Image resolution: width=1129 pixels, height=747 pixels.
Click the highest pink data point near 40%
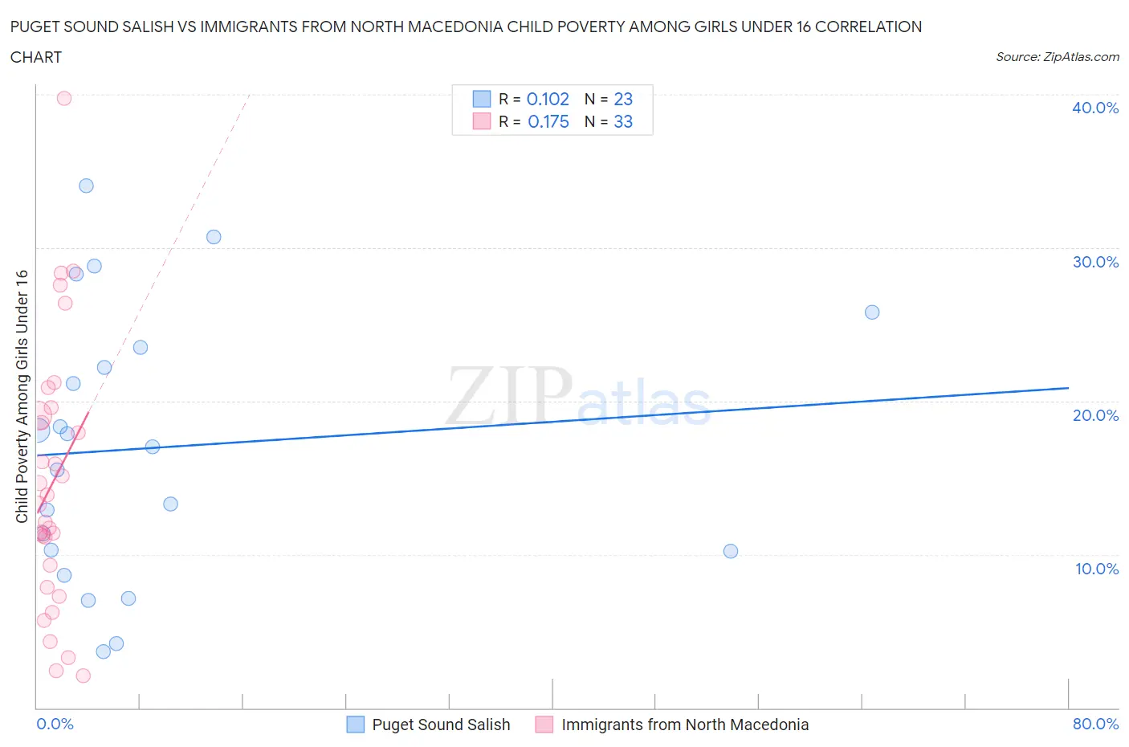click(64, 98)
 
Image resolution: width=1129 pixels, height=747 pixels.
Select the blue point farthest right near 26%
click(872, 312)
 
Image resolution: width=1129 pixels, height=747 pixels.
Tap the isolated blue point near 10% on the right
click(731, 551)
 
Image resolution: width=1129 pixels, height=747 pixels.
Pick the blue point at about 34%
click(86, 186)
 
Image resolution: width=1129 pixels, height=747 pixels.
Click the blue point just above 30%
click(214, 236)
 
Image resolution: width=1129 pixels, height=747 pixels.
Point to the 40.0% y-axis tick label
click(1095, 108)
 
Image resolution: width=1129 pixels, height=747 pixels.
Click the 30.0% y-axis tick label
click(1095, 262)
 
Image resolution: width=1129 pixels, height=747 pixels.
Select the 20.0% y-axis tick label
click(1095, 415)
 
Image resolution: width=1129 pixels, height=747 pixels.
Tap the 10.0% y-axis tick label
click(1096, 569)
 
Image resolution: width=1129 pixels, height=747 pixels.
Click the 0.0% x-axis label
click(55, 724)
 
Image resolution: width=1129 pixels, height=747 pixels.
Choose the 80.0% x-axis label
click(1095, 724)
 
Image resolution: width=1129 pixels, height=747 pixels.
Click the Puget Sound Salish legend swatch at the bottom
click(355, 725)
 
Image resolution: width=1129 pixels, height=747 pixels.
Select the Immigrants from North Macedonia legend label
click(685, 725)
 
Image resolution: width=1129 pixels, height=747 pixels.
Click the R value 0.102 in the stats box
click(548, 99)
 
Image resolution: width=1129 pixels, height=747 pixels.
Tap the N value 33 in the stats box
click(623, 121)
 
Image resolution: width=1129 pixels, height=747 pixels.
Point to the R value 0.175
click(548, 121)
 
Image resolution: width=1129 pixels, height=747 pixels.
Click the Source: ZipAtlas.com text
click(1058, 57)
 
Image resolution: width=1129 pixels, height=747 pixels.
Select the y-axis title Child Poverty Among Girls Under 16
click(22, 396)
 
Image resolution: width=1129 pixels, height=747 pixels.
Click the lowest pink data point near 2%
click(83, 676)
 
